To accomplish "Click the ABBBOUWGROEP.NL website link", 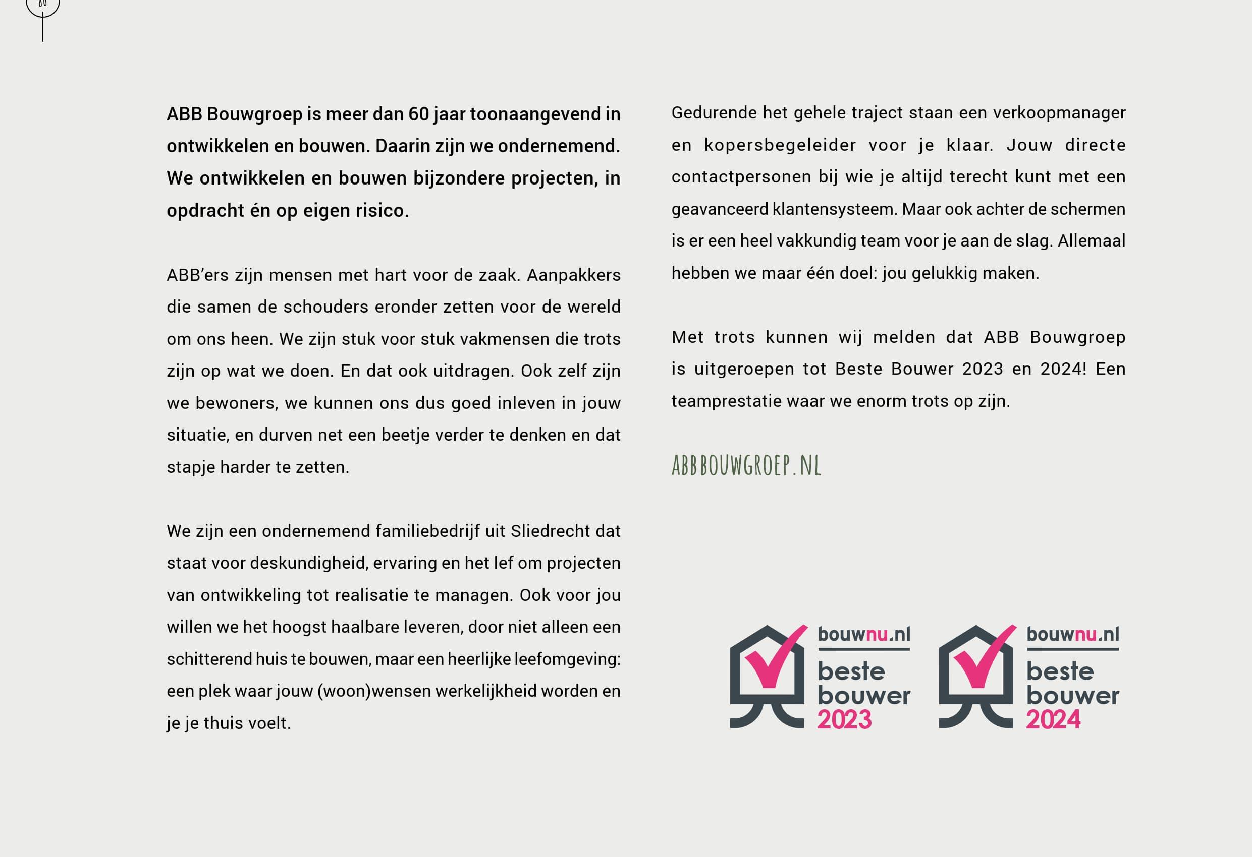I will tap(746, 466).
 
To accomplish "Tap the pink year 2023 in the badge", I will tap(844, 720).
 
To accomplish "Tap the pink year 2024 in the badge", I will tap(1053, 720).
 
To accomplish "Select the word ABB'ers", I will tap(198, 275).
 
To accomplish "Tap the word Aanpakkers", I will tap(573, 275).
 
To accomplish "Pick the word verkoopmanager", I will tap(1059, 113).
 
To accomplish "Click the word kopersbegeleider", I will tap(780, 145).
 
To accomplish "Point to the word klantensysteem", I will tap(835, 209).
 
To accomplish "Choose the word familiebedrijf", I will tap(427, 531).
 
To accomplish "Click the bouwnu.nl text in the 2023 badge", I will tap(863, 634).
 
